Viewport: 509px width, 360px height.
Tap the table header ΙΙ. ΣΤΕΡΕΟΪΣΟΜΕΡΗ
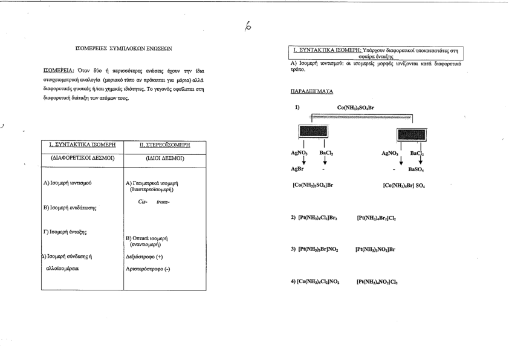coord(156,145)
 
